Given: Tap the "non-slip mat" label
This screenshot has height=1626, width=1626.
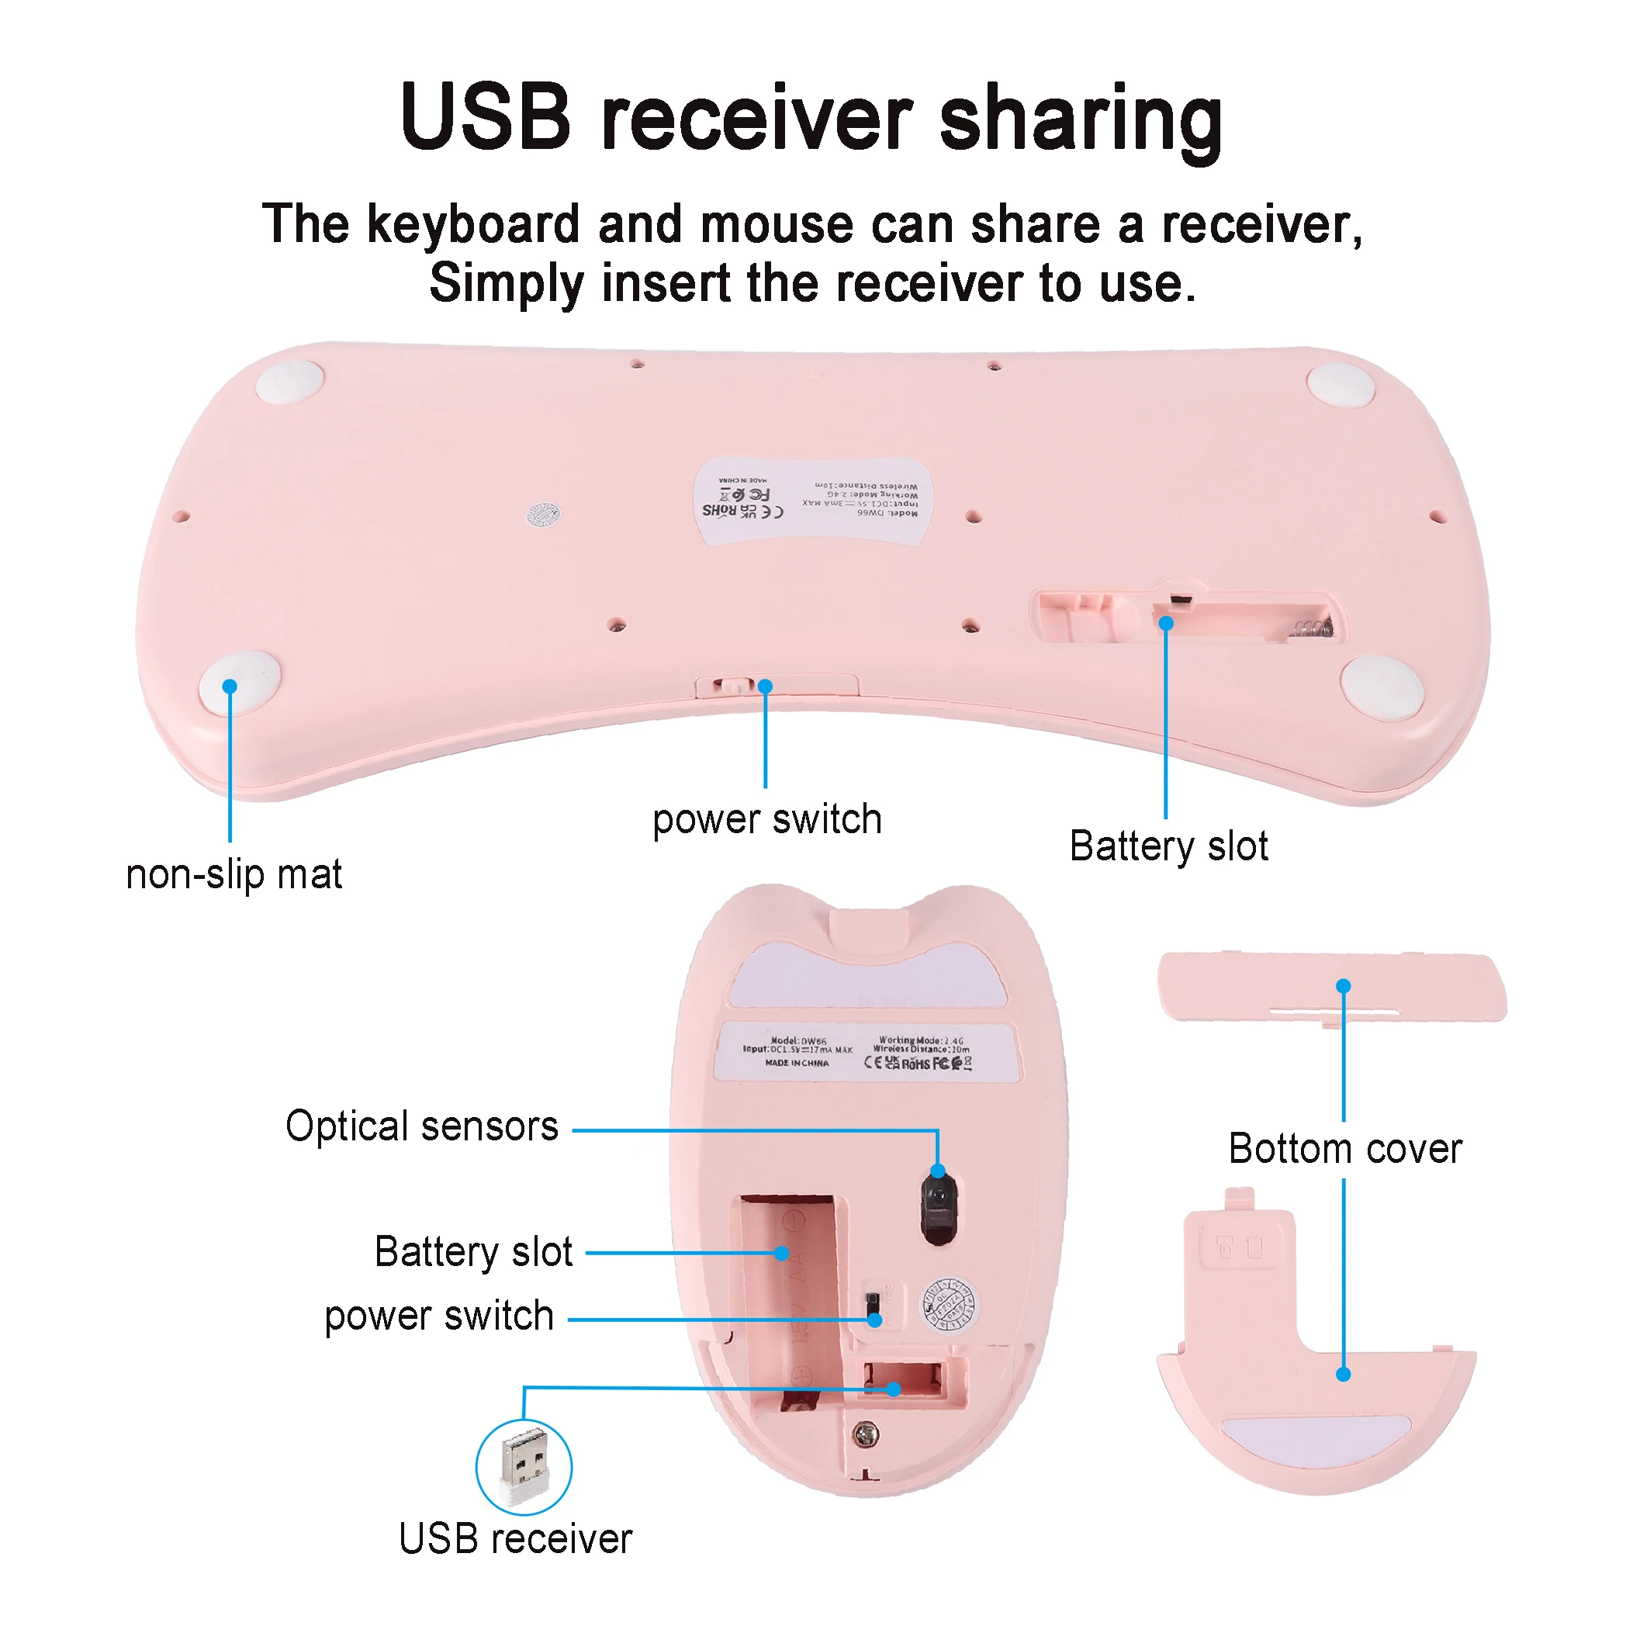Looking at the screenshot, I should click(234, 874).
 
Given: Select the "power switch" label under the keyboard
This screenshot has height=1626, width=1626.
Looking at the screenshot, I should click(766, 820).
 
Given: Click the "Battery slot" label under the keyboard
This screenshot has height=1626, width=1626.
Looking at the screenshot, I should click(1168, 846).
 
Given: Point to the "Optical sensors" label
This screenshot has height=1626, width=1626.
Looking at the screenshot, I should click(422, 1126).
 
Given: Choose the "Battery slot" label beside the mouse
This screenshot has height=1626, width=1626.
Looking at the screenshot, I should click(473, 1251).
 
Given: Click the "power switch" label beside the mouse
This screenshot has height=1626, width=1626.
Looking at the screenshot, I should click(438, 1316).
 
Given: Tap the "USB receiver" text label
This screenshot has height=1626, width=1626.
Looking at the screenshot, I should click(515, 1539).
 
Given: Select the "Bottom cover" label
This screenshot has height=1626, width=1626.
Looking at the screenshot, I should click(1345, 1149).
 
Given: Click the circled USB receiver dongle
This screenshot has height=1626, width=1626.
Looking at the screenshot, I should click(524, 1468).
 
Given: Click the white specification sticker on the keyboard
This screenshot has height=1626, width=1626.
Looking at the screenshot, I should click(813, 501).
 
